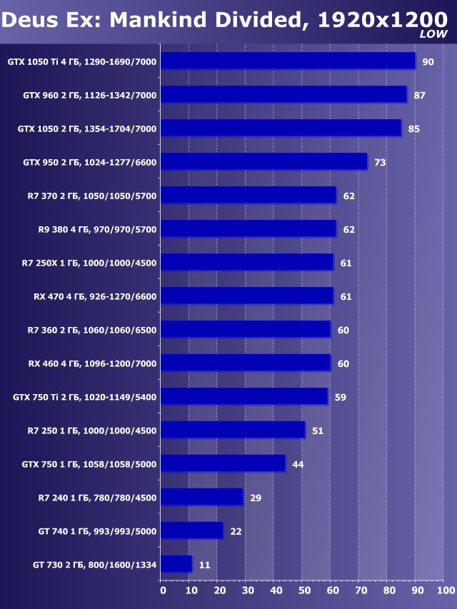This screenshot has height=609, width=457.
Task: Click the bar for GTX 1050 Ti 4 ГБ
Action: click(x=288, y=61)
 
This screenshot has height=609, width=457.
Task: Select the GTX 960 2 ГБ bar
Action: click(x=283, y=95)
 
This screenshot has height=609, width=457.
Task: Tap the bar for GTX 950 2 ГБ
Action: click(x=263, y=162)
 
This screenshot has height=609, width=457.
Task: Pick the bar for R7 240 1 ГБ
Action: click(x=202, y=497)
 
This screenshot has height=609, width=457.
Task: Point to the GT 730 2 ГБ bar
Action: click(x=176, y=564)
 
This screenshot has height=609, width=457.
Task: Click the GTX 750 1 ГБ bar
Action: click(x=223, y=463)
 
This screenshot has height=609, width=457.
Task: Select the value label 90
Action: click(x=428, y=62)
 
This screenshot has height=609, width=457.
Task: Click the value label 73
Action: click(x=380, y=163)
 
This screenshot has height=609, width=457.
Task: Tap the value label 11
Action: click(x=204, y=565)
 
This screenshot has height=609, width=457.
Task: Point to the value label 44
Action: click(x=298, y=464)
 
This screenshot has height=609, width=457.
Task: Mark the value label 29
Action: click(x=255, y=498)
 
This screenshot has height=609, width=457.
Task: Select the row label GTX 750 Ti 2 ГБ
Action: click(x=85, y=397)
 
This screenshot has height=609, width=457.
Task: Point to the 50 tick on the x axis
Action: click(x=304, y=590)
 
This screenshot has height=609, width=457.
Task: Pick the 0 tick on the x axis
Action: click(x=163, y=590)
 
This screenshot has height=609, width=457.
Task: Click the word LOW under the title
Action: click(x=433, y=34)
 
